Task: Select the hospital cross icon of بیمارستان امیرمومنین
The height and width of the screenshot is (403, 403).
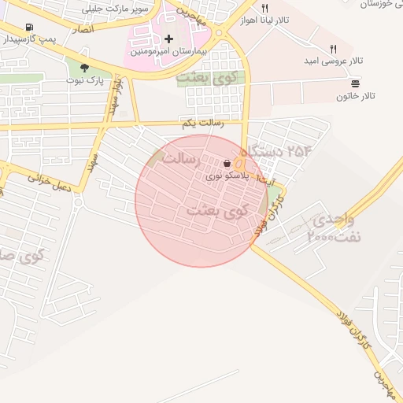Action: (x=168, y=38)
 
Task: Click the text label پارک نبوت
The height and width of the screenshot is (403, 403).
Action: (x=86, y=80)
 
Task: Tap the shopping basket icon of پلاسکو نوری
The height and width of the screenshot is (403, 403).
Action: (x=227, y=164)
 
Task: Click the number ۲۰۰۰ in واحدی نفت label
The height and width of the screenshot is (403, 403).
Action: (x=321, y=235)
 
